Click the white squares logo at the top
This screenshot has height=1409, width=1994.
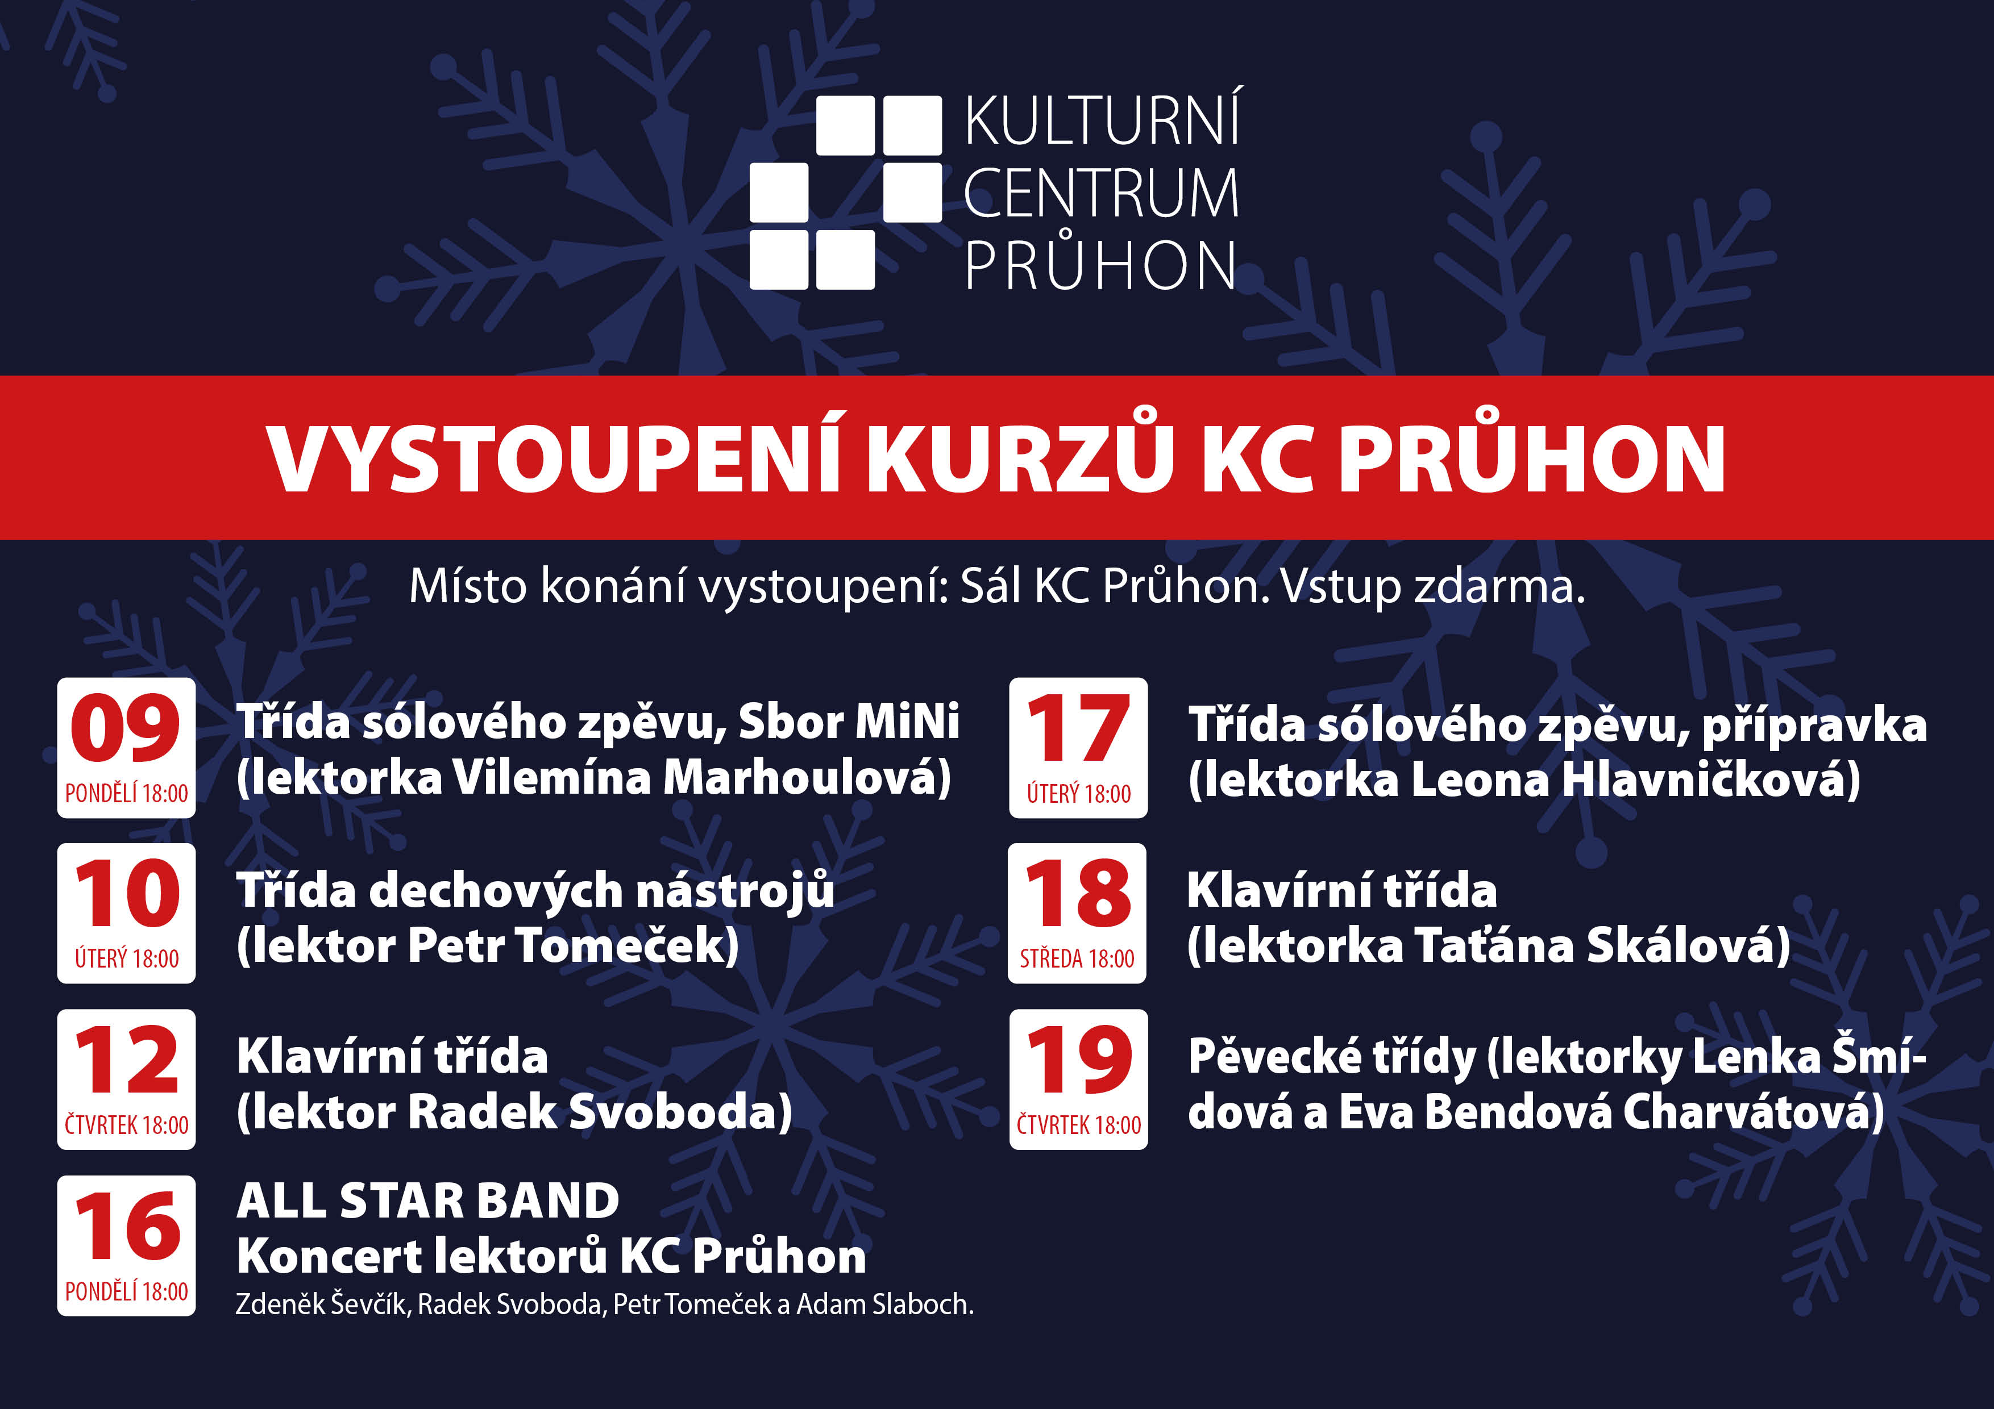click(845, 193)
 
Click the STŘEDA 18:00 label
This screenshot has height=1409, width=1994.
click(1077, 958)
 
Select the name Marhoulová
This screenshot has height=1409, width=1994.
click(808, 777)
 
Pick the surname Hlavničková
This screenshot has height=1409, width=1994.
click(1711, 779)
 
